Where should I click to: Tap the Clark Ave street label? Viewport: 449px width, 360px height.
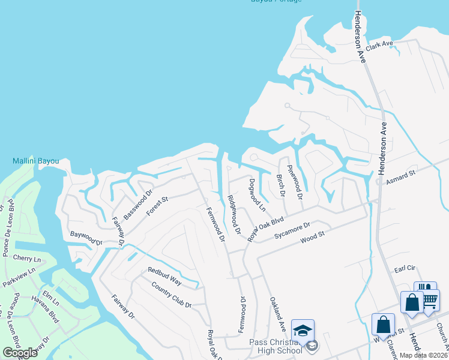(x=379, y=46)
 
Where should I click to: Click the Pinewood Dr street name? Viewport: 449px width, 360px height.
(x=295, y=179)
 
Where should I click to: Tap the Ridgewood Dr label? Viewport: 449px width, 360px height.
(x=234, y=214)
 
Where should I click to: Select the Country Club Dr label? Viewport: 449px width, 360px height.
(x=171, y=295)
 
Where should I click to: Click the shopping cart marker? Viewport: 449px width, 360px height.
(x=429, y=299)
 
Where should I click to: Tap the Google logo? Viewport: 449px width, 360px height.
(x=20, y=352)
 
